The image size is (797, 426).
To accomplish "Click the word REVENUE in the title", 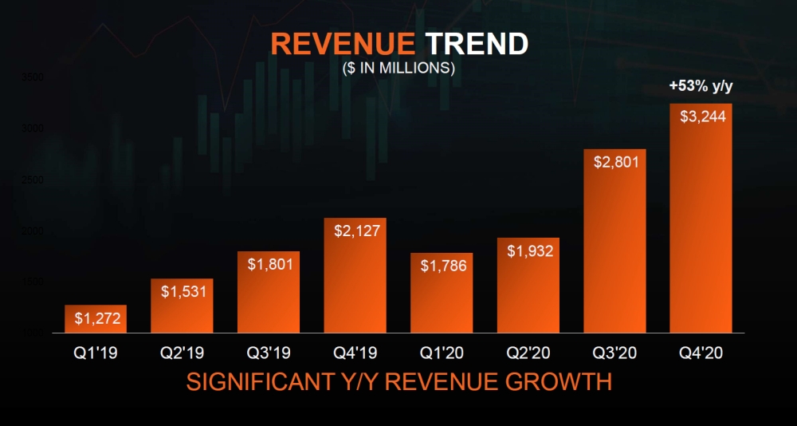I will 342,44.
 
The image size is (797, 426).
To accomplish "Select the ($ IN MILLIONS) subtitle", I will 398,69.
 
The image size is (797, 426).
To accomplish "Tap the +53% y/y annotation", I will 700,86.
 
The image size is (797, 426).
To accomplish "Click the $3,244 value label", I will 701,116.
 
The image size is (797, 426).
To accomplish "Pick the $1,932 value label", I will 528,250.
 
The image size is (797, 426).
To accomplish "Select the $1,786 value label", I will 442,266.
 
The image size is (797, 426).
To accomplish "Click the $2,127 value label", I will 355,231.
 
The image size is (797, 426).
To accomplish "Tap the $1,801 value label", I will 269,264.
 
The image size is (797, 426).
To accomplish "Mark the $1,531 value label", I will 183,291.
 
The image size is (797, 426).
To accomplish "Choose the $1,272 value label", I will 96,318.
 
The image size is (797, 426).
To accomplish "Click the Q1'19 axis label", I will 96,352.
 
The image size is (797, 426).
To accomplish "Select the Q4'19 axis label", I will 355,352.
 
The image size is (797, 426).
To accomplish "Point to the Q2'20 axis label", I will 528,352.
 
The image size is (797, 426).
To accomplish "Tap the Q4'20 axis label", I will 701,352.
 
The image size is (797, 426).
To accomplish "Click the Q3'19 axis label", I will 269,352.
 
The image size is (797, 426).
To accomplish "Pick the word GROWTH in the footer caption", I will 557,382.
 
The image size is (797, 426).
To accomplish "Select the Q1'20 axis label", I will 442,352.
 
